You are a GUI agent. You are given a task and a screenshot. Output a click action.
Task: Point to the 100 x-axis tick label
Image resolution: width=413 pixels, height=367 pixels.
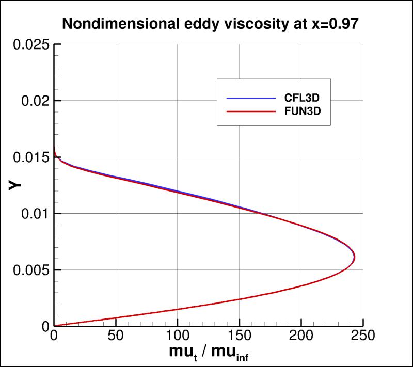(x=178, y=337)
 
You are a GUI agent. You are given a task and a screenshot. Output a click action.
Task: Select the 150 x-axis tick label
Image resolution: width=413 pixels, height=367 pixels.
(x=240, y=337)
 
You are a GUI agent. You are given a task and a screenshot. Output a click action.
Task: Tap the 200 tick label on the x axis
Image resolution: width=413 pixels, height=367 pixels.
(x=301, y=337)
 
